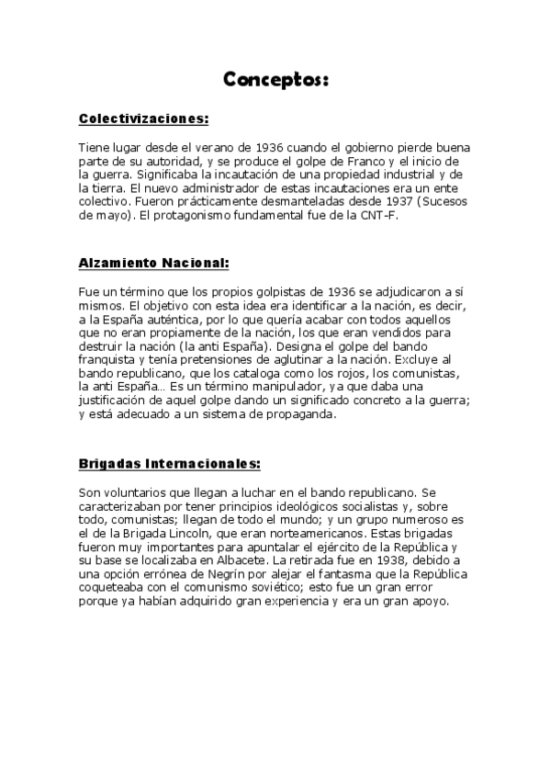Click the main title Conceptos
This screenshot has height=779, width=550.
click(275, 80)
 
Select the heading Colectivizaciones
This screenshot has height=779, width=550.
click(144, 119)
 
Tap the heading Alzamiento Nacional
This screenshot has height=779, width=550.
click(153, 263)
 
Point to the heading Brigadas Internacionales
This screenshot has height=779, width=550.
click(170, 463)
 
